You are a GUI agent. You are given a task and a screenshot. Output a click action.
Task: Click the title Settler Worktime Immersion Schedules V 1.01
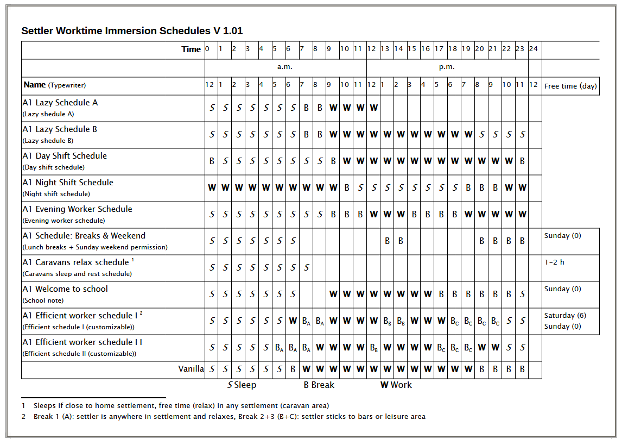point(136,31)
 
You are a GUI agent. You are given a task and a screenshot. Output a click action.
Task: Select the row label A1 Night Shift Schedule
point(68,183)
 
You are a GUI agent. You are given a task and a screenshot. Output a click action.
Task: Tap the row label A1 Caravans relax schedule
point(75,262)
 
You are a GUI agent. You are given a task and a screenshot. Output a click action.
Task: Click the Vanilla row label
point(191,369)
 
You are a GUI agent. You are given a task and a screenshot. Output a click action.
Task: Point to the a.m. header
point(285,67)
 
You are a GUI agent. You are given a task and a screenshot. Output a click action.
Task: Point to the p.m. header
point(447,67)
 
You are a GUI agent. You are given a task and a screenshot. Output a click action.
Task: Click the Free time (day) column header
point(570,86)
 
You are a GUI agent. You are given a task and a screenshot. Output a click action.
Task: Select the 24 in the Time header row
point(534,49)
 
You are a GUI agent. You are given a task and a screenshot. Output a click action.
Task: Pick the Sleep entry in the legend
point(242,385)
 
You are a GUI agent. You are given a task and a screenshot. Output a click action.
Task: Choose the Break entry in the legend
point(319,385)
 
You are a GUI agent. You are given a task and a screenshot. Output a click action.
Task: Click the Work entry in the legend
point(396,385)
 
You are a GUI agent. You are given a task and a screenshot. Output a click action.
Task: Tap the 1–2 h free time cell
point(554,262)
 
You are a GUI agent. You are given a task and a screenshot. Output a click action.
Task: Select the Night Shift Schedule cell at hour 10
point(346,188)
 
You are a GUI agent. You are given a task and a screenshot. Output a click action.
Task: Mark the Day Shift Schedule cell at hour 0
point(212,161)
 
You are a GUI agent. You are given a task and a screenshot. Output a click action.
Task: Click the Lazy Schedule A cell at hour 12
point(373,108)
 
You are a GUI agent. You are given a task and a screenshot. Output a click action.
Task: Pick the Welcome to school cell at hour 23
point(522,294)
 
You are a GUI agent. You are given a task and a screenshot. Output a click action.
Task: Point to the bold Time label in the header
point(191,49)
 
